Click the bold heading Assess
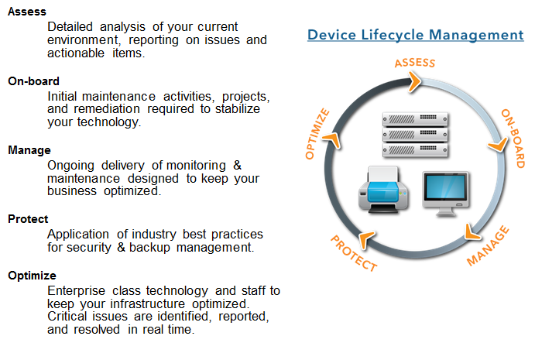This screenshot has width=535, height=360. coord(27,12)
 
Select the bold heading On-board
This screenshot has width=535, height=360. coord(33,81)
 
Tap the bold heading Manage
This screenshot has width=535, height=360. coord(29,150)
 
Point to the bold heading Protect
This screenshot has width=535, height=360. coord(28,219)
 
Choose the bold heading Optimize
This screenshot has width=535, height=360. coord(32,276)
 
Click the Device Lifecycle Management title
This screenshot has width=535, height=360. coord(415,35)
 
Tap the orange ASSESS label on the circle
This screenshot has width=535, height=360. coord(415,63)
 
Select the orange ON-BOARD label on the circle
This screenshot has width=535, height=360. coord(513,139)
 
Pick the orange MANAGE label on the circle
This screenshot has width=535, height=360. coord(488,245)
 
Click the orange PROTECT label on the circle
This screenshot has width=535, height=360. coord(354,253)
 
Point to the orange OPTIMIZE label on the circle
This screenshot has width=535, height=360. coord(317,134)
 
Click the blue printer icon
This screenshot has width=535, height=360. coord(383,190)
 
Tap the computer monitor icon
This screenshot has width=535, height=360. coord(446,194)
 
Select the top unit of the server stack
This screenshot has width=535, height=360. coord(415,119)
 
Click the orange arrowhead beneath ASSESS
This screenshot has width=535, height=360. coord(414,81)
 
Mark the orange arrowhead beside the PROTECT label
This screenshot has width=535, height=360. coord(366,238)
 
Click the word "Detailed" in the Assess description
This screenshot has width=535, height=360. coord(70,27)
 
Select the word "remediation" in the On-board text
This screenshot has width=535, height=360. coord(107,109)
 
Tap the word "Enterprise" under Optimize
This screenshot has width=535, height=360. coord(76,291)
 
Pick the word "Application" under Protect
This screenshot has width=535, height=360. coord(78,235)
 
